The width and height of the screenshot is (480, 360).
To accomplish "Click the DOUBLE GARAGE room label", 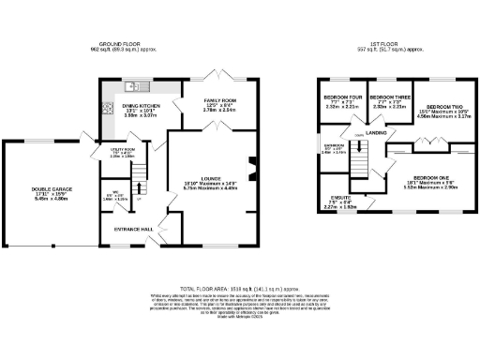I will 46,188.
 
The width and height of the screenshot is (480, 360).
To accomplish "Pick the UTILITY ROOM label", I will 124,149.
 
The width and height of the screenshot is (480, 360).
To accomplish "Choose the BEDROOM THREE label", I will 388,97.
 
